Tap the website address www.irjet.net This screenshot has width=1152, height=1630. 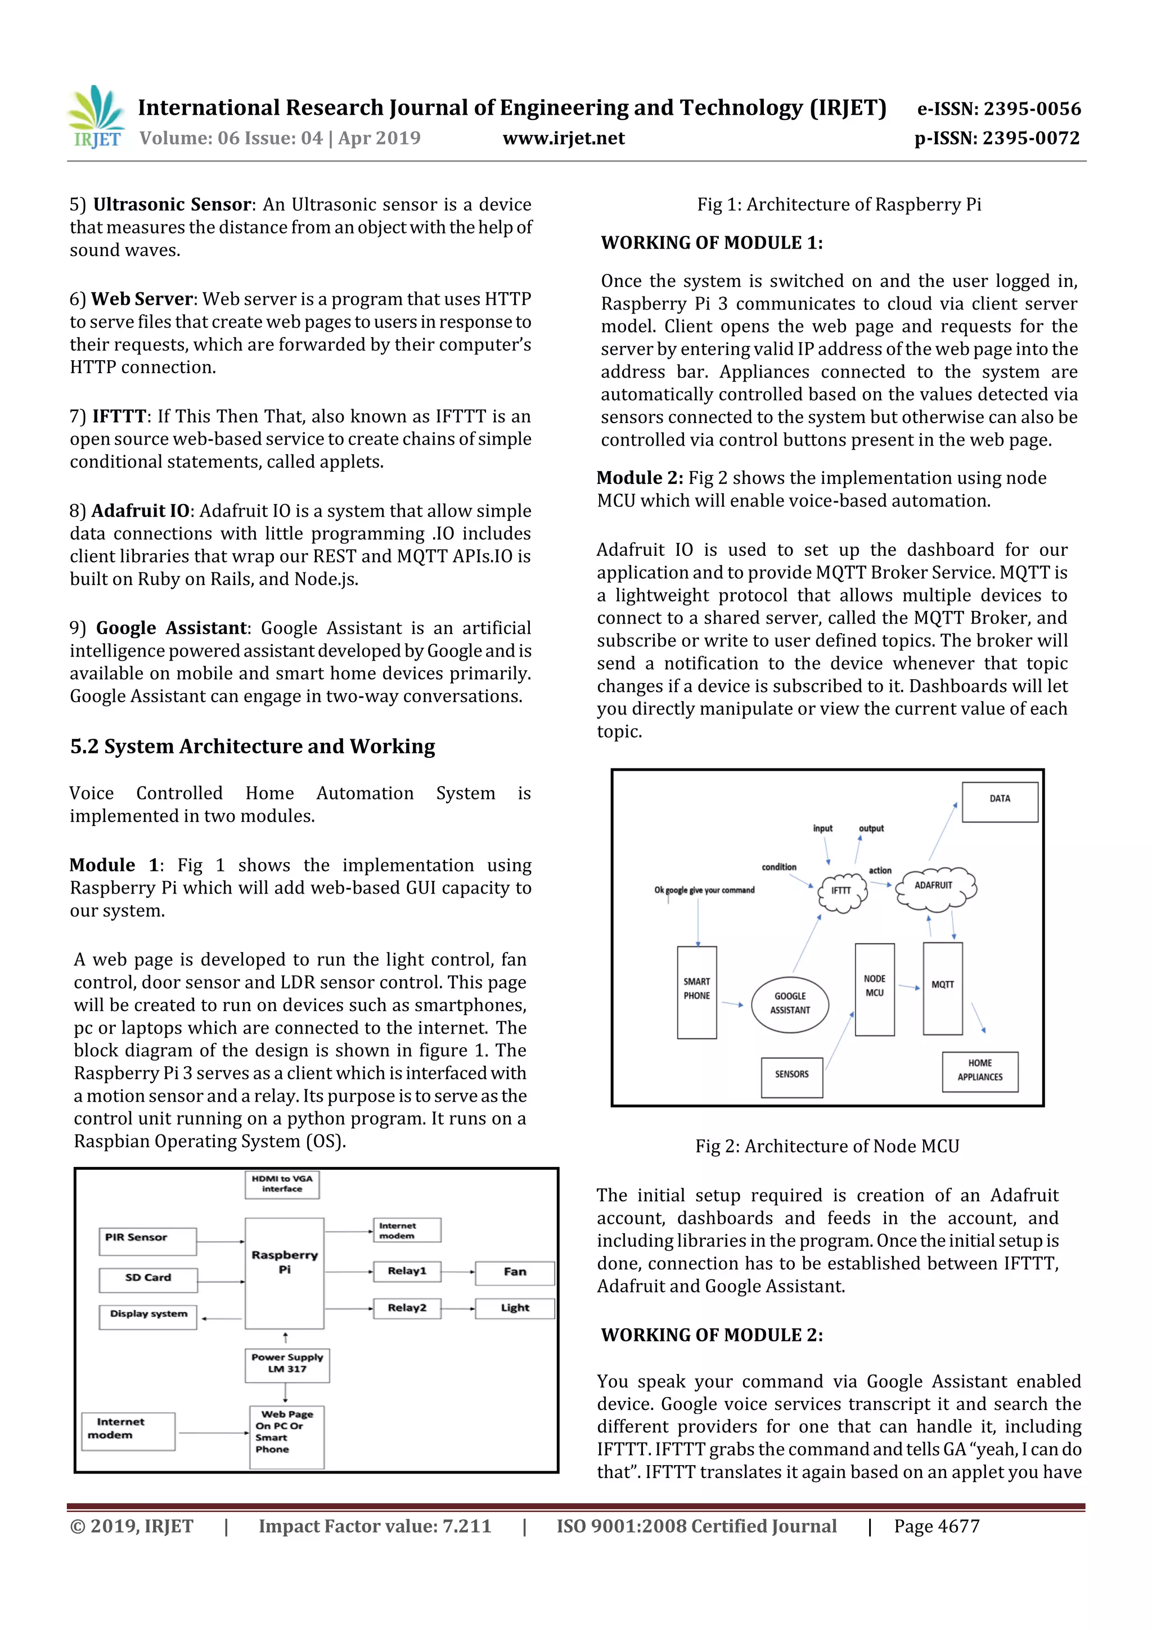click(x=564, y=138)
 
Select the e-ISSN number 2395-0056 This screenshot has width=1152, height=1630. click(x=998, y=109)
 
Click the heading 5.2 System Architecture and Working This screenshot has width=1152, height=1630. click(x=252, y=746)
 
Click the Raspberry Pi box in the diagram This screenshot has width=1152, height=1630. click(x=285, y=1273)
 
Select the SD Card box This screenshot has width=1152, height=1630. click(x=147, y=1279)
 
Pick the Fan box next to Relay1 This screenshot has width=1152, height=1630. click(x=515, y=1272)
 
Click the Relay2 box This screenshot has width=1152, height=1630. click(x=407, y=1308)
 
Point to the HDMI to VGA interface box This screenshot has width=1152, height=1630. click(x=282, y=1184)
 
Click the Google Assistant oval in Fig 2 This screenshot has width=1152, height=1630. click(x=790, y=1003)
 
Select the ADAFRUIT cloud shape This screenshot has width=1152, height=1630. click(x=935, y=887)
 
